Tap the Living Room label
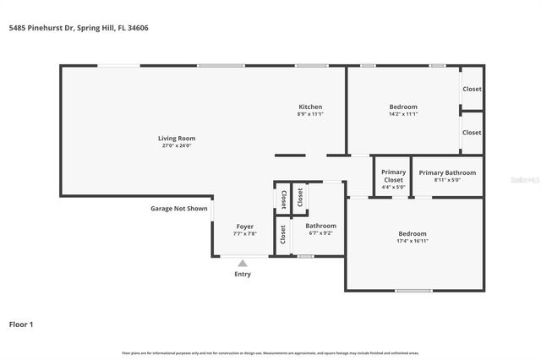click(x=177, y=138)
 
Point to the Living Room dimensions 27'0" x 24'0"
click(x=177, y=145)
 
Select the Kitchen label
click(x=310, y=106)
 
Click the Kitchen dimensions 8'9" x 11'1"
click(x=310, y=114)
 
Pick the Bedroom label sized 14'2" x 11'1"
click(x=402, y=106)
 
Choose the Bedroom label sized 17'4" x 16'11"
click(x=413, y=233)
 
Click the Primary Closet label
click(x=393, y=176)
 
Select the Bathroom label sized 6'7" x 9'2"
click(x=320, y=226)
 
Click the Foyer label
click(x=244, y=226)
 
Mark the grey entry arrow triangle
click(x=243, y=264)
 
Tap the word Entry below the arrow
click(x=243, y=274)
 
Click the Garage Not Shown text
click(x=178, y=208)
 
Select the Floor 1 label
click(x=21, y=324)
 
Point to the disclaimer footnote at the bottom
click(x=270, y=352)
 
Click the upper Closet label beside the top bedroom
click(x=472, y=89)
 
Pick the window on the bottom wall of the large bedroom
click(x=413, y=291)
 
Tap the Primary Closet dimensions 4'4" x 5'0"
click(x=393, y=187)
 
